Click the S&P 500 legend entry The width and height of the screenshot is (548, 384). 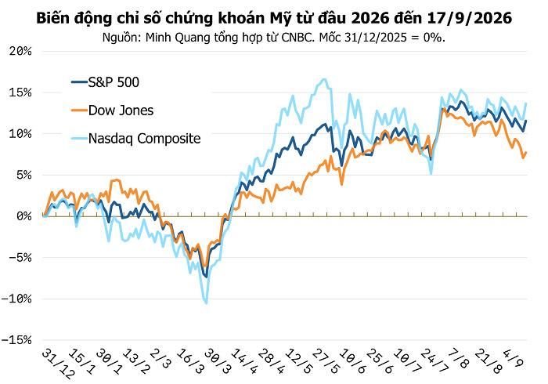pyautogui.click(x=105, y=82)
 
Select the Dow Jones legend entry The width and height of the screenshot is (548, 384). pyautogui.click(x=112, y=110)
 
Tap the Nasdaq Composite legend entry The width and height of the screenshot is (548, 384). pyautogui.click(x=136, y=139)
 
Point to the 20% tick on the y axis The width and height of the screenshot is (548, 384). pyautogui.click(x=20, y=52)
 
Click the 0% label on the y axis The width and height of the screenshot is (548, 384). pyautogui.click(x=24, y=216)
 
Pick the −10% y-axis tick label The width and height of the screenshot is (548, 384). pyautogui.click(x=16, y=299)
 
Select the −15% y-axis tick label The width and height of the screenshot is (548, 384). pyautogui.click(x=16, y=340)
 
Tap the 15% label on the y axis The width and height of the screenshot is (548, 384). pyautogui.click(x=20, y=92)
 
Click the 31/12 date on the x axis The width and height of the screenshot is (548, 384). pyautogui.click(x=59, y=364)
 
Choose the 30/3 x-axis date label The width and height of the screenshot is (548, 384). pyautogui.click(x=218, y=361)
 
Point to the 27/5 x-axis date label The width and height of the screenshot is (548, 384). pyautogui.click(x=326, y=361)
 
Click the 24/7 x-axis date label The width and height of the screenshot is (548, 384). pyautogui.click(x=434, y=361)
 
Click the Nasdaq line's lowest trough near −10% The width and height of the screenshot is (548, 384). pyautogui.click(x=206, y=302)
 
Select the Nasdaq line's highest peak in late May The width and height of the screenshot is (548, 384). pyautogui.click(x=324, y=79)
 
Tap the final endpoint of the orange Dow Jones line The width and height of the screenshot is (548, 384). pyautogui.click(x=525, y=153)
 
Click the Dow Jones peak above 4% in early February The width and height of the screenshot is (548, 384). pyautogui.click(x=116, y=180)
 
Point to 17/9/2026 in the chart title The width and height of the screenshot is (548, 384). pyautogui.click(x=470, y=18)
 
